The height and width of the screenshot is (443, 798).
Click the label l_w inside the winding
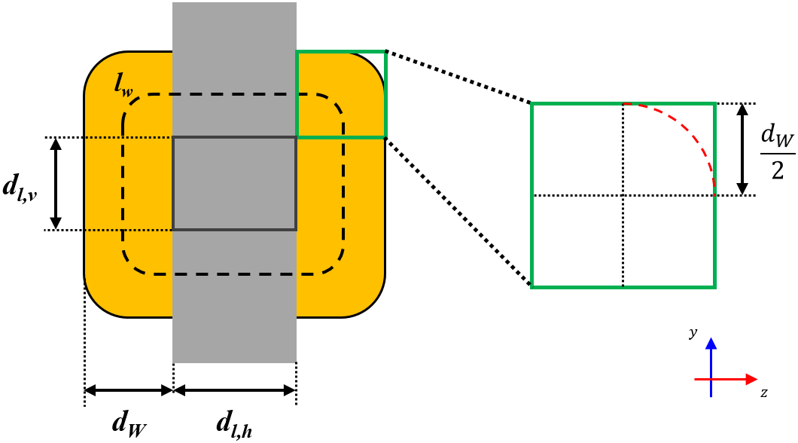[x=124, y=84]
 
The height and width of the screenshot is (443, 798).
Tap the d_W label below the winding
[x=129, y=423]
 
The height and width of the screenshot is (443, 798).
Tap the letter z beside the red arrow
[x=763, y=393]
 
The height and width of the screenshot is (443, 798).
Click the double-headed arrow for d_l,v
[x=55, y=184]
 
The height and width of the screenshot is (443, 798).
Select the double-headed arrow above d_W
[x=129, y=390]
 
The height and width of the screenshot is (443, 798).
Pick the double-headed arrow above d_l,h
[x=234, y=390]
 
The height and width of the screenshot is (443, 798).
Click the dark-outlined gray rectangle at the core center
[x=234, y=183]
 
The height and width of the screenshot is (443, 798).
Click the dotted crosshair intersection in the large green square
[x=623, y=196]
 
